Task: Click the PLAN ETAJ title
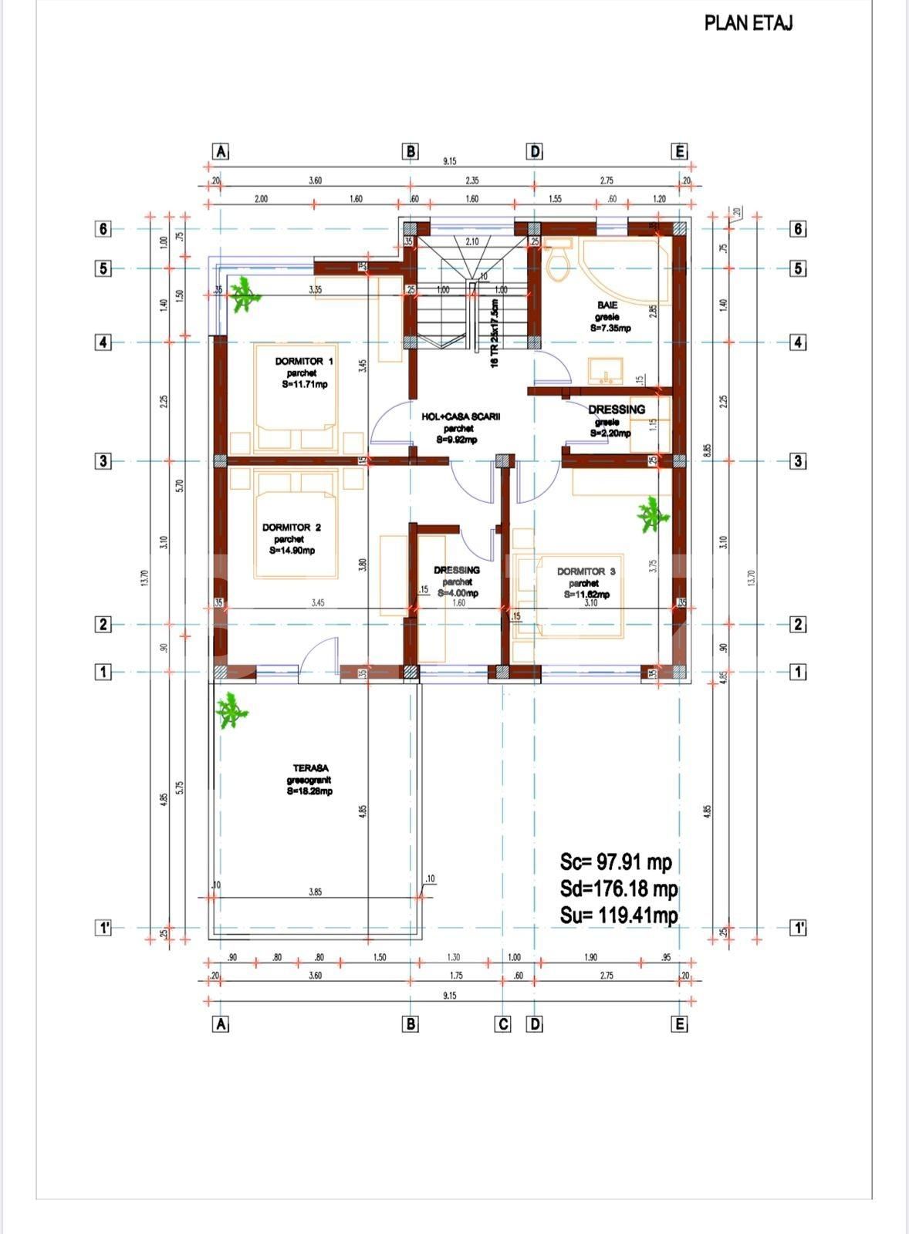tap(748, 23)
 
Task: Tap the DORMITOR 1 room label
tap(304, 362)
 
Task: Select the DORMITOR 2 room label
tap(291, 528)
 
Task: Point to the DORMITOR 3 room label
tap(586, 572)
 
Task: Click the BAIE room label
tap(607, 305)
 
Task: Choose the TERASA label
tap(310, 768)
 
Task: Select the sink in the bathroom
tap(607, 371)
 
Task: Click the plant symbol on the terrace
tap(231, 711)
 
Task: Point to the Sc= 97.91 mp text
tap(616, 861)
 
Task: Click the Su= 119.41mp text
tap(619, 915)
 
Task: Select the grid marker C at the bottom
tap(502, 1024)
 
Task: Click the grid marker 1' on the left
tap(103, 928)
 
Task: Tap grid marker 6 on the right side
tap(799, 229)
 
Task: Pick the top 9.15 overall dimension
tap(449, 161)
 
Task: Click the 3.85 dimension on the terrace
tap(315, 892)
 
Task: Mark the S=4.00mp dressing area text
tap(458, 594)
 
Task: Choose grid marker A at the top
tap(221, 151)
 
